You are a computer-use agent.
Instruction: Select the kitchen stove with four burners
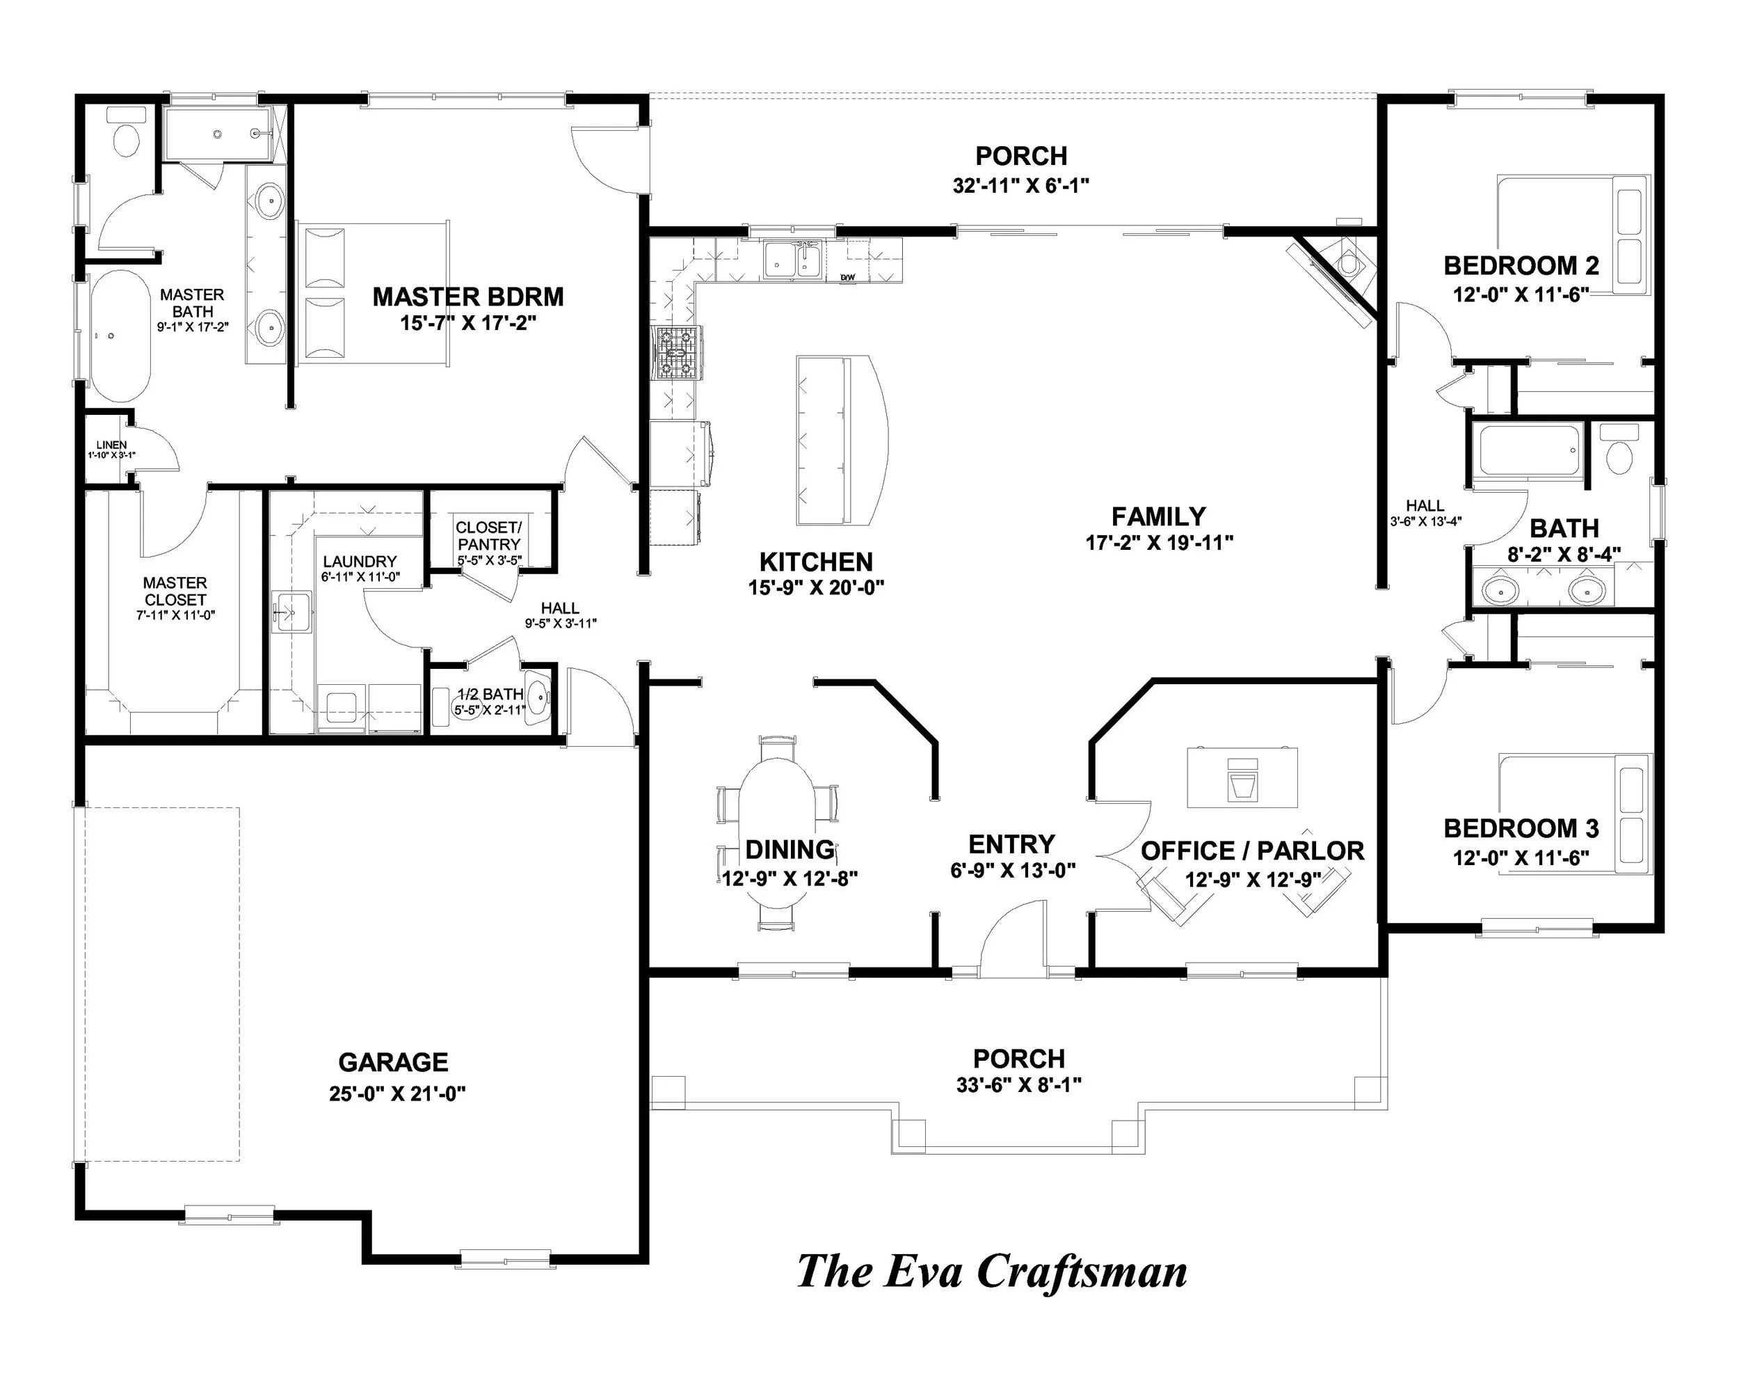pyautogui.click(x=678, y=353)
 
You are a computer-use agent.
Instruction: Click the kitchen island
pyautogui.click(x=839, y=441)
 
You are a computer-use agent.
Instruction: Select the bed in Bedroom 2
pyautogui.click(x=1573, y=234)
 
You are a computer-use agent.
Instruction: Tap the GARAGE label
pyautogui.click(x=393, y=1062)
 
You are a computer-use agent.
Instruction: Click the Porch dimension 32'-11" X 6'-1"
pyautogui.click(x=1020, y=186)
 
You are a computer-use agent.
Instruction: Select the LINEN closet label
pyautogui.click(x=111, y=445)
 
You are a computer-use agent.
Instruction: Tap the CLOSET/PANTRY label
pyautogui.click(x=489, y=536)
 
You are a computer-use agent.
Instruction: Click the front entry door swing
pyautogui.click(x=1012, y=936)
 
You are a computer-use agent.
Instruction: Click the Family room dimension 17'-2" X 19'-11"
pyautogui.click(x=1159, y=543)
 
